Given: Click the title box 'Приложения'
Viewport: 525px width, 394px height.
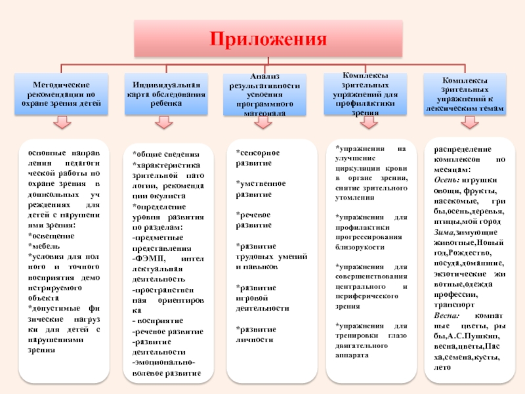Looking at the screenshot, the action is [268, 38].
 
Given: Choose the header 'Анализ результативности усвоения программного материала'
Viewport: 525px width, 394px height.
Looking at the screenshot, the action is [264, 95].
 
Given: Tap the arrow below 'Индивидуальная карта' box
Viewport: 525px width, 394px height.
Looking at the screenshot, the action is [164, 123].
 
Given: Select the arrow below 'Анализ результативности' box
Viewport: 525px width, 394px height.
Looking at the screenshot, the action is [264, 123].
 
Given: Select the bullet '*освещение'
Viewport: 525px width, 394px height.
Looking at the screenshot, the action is [47, 236].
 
